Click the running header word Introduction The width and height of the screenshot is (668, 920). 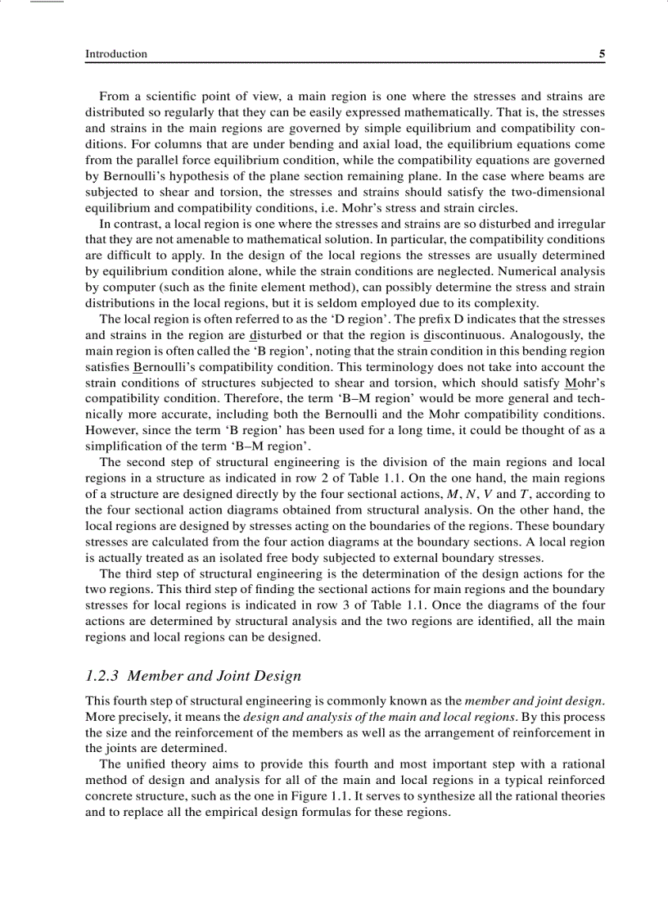(116, 54)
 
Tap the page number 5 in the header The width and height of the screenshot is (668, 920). (602, 54)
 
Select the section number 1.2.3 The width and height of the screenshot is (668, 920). (104, 676)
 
